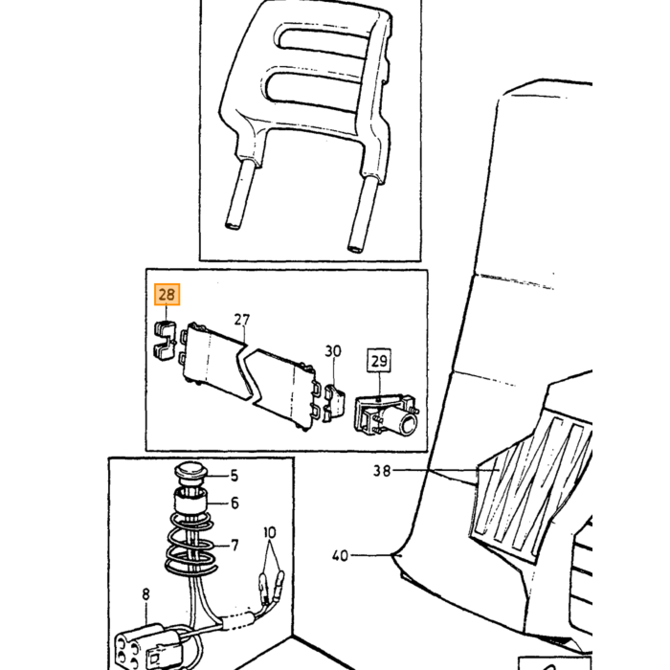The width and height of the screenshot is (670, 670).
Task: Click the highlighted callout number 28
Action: [167, 295]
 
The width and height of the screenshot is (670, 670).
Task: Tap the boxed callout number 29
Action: [379, 361]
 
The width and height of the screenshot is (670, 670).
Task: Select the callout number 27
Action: [242, 320]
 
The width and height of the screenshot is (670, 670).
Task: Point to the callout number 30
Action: [333, 351]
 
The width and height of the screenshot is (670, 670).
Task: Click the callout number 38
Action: [382, 471]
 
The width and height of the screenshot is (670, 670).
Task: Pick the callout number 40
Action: [340, 555]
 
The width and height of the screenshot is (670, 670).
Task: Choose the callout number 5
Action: [234, 476]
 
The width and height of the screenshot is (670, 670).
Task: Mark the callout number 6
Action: [234, 503]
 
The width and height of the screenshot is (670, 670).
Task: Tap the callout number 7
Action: [234, 546]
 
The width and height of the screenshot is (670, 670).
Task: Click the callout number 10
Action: [270, 533]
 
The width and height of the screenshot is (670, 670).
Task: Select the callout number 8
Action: [146, 594]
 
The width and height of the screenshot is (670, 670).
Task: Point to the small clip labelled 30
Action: [334, 399]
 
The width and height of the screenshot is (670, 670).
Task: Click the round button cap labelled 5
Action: [190, 474]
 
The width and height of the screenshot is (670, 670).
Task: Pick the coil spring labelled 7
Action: [190, 544]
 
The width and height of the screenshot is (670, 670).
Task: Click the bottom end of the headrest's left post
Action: [234, 225]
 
